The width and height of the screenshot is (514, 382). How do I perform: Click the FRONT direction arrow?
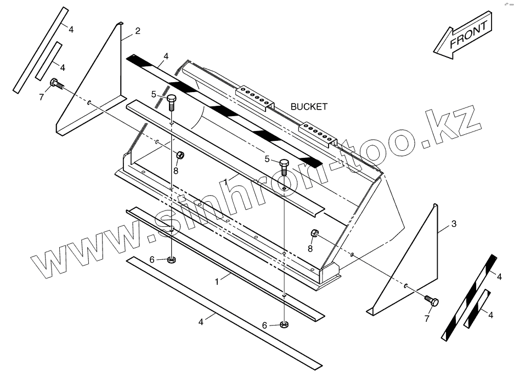(464, 37)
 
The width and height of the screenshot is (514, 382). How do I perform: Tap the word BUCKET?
(309, 107)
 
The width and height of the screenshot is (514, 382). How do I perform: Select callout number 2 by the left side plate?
(137, 31)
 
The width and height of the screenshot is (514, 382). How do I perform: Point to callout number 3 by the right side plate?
(453, 224)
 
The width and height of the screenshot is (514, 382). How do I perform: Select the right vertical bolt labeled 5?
(284, 165)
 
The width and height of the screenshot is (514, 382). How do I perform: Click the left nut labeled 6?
(172, 259)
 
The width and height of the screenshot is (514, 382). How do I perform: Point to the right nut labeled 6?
(284, 324)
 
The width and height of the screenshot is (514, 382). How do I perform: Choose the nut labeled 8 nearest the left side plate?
(179, 156)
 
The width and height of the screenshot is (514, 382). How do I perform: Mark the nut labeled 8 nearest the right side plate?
(315, 233)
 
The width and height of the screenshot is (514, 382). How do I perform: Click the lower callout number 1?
(217, 281)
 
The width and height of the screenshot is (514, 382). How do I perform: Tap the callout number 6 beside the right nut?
(264, 326)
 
